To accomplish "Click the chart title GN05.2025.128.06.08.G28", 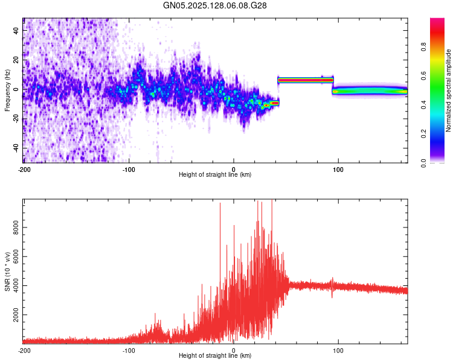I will tap(215, 5).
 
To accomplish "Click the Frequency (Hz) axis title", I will tap(7, 91).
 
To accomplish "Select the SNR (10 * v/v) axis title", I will tap(7, 272).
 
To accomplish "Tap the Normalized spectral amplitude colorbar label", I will tap(449, 91).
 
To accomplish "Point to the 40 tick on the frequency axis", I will tap(16, 30).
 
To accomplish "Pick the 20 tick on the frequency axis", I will tap(16, 59).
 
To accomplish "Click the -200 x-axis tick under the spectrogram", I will tap(24, 169).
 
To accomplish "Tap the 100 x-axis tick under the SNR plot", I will tap(338, 350).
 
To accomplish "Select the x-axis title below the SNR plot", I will tap(215, 356).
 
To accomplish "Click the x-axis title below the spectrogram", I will tap(215, 175).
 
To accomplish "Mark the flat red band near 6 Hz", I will tap(305, 80).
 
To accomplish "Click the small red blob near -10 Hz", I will tap(275, 103).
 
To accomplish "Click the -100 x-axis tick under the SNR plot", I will tap(129, 350).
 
